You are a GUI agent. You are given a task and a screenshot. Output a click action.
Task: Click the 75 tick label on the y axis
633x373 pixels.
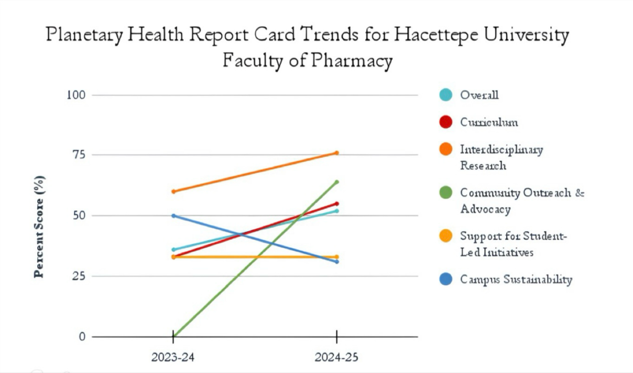78,155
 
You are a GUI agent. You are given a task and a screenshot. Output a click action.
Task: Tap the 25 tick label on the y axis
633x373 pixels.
78,276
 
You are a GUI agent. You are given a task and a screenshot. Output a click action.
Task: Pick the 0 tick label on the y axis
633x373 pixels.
82,336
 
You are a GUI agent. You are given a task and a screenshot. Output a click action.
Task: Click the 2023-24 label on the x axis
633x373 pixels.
173,358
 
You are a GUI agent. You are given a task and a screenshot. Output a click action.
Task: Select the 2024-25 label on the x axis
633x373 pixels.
336,358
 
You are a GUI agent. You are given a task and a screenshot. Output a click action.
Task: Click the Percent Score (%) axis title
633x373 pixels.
39,226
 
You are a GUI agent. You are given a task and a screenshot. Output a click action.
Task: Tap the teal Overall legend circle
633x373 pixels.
445,95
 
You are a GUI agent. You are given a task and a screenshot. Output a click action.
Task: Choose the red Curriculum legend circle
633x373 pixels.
445,122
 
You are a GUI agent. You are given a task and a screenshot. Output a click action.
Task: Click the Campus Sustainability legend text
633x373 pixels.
516,279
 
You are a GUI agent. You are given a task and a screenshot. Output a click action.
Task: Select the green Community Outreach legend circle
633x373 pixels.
445,193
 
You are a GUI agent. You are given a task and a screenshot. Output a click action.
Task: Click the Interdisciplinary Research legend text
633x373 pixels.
501,157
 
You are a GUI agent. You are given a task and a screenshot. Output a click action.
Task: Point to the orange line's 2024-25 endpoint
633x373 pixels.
336,153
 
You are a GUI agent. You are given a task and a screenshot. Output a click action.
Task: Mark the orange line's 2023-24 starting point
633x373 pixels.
173,191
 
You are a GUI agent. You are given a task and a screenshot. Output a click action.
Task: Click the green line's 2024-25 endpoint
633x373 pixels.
336,182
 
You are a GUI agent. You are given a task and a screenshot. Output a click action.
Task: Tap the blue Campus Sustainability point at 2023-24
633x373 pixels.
173,216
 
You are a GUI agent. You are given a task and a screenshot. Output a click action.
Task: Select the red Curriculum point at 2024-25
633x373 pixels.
336,204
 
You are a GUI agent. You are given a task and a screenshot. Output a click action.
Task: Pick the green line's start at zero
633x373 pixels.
173,336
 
